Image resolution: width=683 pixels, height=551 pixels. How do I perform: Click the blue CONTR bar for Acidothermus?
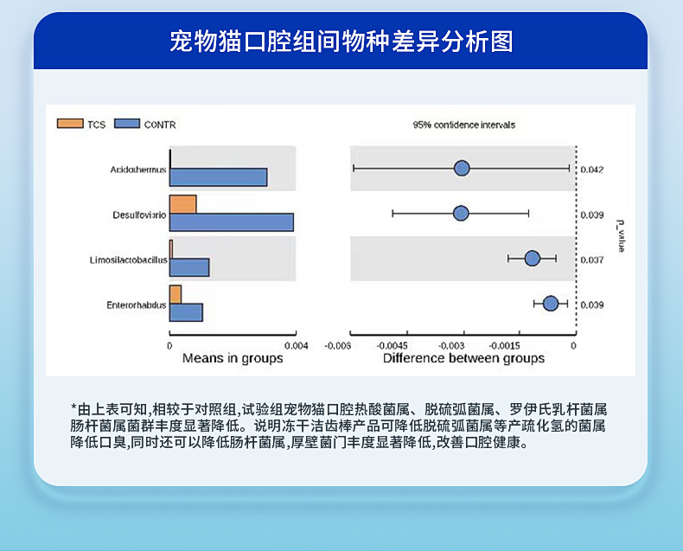(x=218, y=177)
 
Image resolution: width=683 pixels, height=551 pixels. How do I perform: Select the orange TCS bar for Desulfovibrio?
(x=183, y=204)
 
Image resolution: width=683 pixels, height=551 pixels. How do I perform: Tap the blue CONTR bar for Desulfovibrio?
(x=232, y=222)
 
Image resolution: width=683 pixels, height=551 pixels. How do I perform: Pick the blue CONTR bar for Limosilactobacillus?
(x=189, y=267)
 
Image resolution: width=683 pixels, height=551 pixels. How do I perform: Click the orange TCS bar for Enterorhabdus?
(x=176, y=295)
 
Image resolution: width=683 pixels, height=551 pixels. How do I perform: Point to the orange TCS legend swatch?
(x=70, y=124)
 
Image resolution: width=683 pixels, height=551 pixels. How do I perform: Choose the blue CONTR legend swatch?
(x=127, y=124)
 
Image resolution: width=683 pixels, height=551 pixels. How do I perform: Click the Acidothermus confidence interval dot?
(x=462, y=169)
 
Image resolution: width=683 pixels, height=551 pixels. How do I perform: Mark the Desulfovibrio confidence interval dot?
(x=461, y=213)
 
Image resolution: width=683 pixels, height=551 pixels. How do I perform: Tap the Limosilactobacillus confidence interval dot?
(x=533, y=259)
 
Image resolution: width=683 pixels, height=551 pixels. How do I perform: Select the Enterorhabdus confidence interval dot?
(x=551, y=304)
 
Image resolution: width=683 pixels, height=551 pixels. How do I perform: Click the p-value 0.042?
(x=592, y=170)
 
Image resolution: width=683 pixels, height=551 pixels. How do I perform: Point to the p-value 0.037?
(x=592, y=259)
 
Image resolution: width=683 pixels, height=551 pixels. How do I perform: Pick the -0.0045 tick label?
(x=393, y=346)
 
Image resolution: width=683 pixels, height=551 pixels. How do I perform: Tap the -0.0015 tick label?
(x=504, y=346)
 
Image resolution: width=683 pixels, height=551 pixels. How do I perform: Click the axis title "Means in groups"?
(x=233, y=358)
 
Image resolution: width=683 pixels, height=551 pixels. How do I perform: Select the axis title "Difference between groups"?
(x=463, y=358)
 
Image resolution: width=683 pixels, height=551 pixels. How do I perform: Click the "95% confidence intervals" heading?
(x=464, y=125)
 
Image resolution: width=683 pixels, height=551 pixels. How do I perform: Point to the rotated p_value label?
(x=621, y=236)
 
